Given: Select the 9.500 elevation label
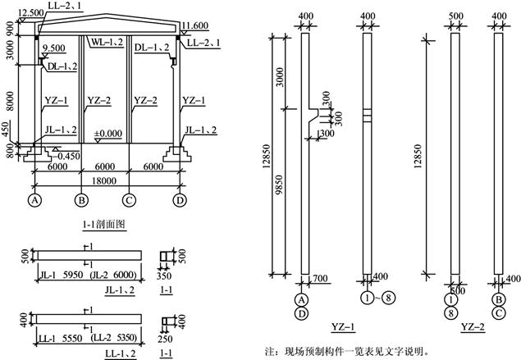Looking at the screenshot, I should [x=54, y=48].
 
